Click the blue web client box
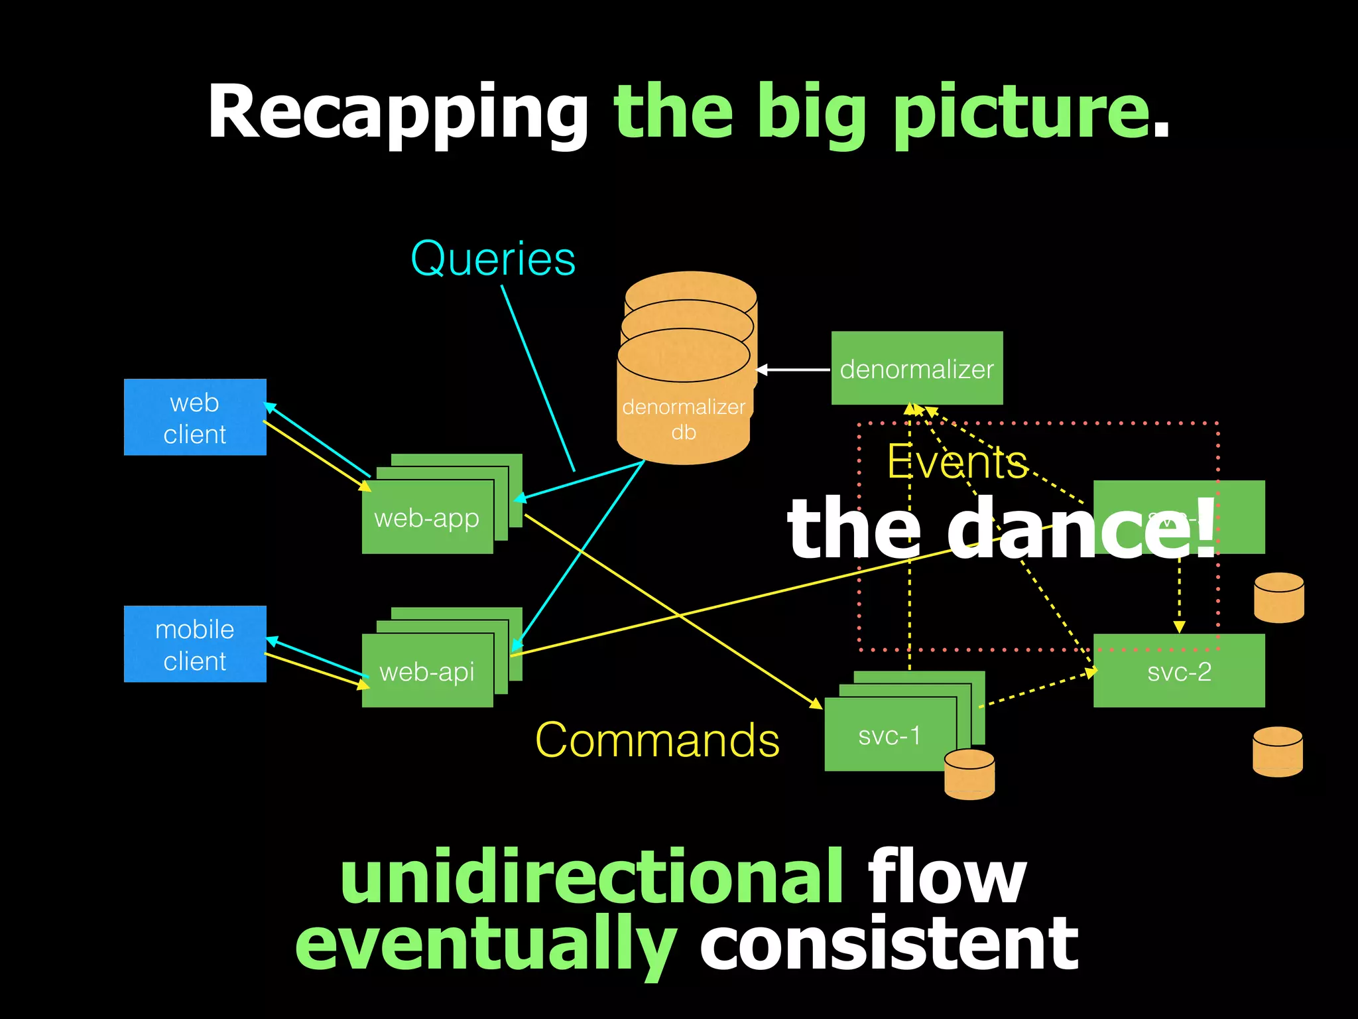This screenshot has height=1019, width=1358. tap(195, 417)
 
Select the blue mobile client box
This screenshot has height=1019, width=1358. tap(195, 644)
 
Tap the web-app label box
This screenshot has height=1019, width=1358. tap(427, 518)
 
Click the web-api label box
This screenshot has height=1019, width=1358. tap(427, 671)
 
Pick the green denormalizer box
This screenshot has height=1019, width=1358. tap(917, 368)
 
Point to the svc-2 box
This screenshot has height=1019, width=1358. tap(1179, 671)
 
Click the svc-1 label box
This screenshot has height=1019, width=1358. tap(890, 735)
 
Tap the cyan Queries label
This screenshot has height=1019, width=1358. tap(493, 259)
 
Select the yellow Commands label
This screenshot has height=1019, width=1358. tap(657, 740)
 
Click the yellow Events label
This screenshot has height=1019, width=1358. tap(957, 462)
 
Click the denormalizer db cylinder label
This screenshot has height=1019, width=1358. tap(684, 419)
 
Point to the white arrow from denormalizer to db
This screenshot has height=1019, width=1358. tap(793, 370)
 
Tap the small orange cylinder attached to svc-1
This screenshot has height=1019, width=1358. tap(969, 774)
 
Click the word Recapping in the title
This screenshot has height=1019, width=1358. tap(398, 113)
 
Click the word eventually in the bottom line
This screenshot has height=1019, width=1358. tap(485, 943)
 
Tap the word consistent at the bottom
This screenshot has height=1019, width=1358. tap(889, 943)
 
